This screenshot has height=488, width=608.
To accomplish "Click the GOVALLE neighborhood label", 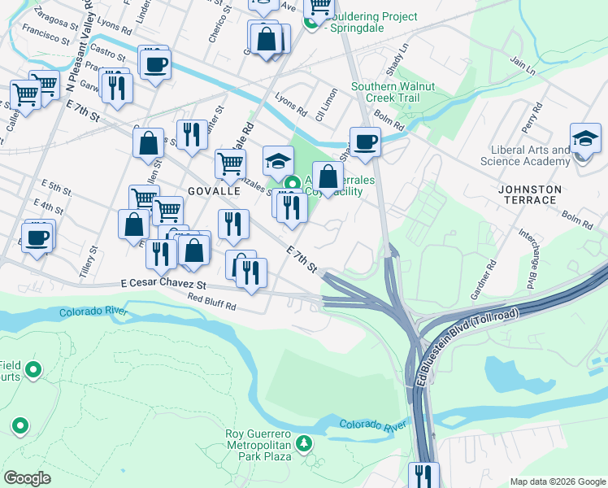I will tap(214, 190).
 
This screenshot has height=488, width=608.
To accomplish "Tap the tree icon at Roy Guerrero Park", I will tap(304, 443).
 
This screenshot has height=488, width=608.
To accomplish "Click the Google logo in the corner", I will tap(28, 477).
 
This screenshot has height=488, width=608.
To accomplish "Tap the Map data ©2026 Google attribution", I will tap(557, 481).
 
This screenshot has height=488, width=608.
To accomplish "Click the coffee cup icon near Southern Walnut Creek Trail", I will tap(365, 142).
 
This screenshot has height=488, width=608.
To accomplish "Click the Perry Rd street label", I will tap(530, 124).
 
